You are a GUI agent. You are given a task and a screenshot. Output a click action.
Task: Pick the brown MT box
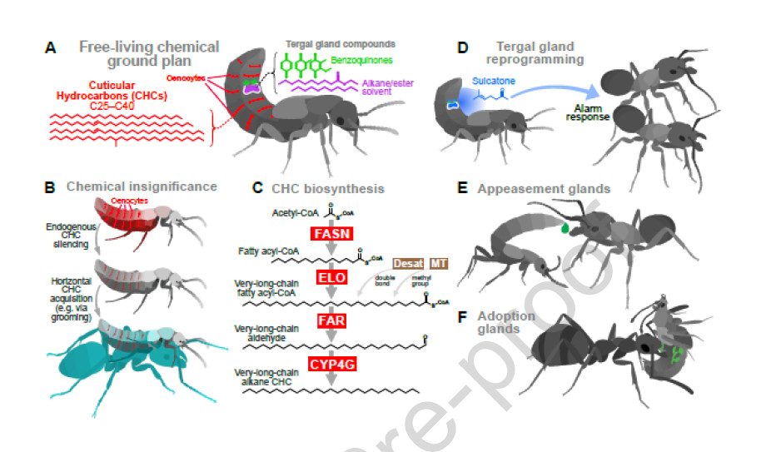point(439,262)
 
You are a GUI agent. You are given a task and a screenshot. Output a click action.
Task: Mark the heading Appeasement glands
point(544,189)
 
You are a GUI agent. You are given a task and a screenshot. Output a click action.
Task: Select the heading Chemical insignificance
point(142,186)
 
